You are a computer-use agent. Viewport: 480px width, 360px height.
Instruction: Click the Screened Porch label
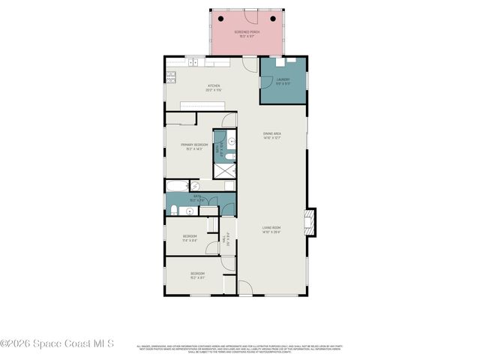pos(247,33)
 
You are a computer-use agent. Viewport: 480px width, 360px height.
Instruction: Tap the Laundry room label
pos(283,80)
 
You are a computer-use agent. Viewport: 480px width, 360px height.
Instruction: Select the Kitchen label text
pos(213,87)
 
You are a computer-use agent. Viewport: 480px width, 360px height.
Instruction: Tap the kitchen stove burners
pos(171,74)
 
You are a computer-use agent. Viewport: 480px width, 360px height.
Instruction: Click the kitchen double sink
pos(193,61)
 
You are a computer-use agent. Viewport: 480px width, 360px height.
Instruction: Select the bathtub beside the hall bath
pos(179,185)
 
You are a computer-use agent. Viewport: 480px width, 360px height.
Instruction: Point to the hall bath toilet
pos(172,210)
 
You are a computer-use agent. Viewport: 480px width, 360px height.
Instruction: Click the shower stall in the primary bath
pos(225,169)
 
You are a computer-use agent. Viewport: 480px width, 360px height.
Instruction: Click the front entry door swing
pos(244,287)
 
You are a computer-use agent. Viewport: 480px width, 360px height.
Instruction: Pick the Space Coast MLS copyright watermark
pos(57,343)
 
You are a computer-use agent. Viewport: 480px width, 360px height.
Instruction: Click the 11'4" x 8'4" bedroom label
pos(190,238)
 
